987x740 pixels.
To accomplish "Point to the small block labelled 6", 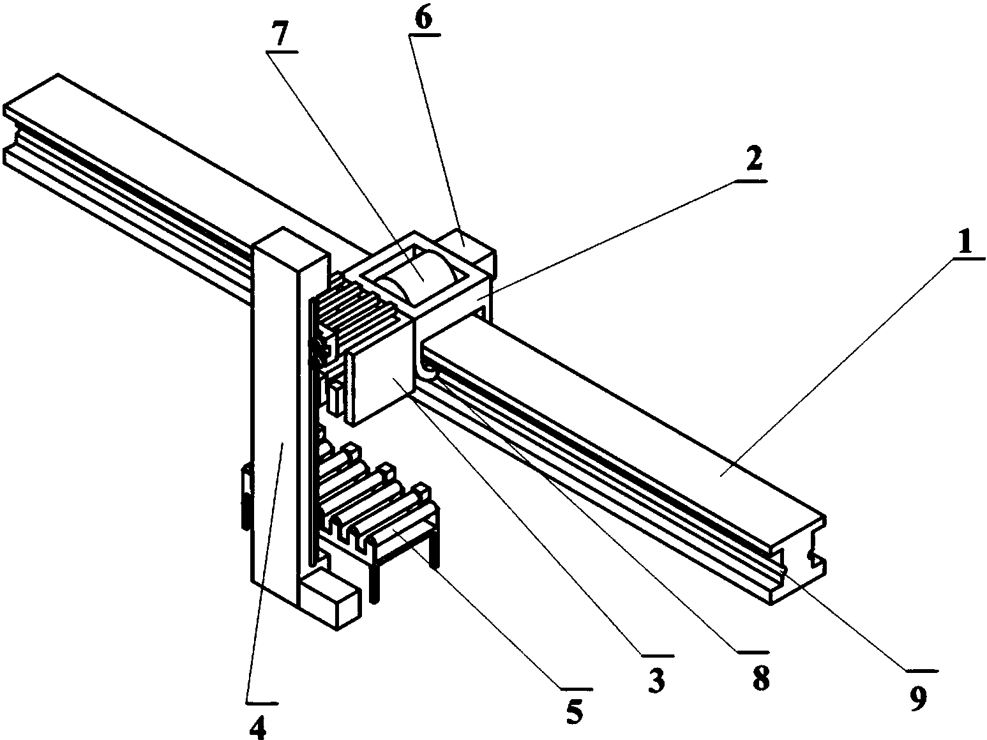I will pyautogui.click(x=465, y=243).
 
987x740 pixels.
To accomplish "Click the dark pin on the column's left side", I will pyautogui.click(x=245, y=498).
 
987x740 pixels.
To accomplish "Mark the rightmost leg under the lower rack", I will pyautogui.click(x=435, y=549).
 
